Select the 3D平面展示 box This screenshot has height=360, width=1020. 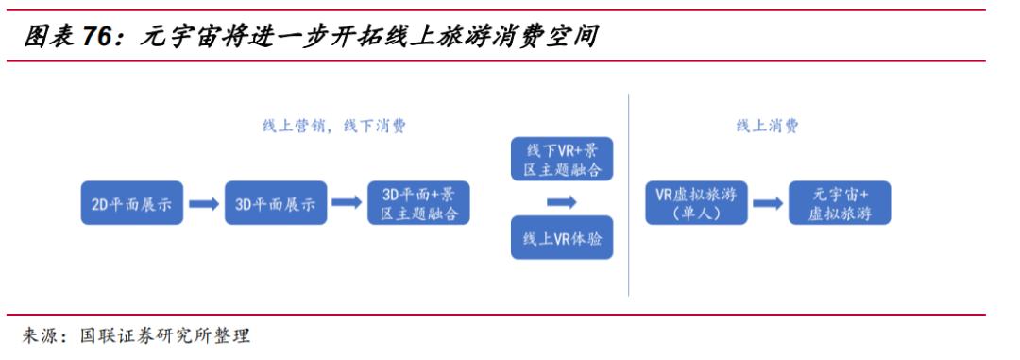pyautogui.click(x=276, y=203)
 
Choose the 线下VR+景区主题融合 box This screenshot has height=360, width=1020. pyautogui.click(x=561, y=160)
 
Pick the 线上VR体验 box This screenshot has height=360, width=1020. pyautogui.click(x=561, y=239)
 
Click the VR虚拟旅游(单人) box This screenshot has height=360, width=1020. pyautogui.click(x=695, y=203)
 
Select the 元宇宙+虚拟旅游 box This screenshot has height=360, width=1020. pyautogui.click(x=840, y=203)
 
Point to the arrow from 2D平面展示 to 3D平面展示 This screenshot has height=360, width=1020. pyautogui.click(x=203, y=203)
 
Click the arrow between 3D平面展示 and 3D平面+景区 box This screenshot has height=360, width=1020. pyautogui.click(x=348, y=203)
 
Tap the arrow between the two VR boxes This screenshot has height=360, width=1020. pyautogui.click(x=561, y=201)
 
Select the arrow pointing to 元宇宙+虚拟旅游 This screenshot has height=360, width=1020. pyautogui.click(x=768, y=203)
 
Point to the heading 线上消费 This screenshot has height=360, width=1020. pyautogui.click(x=767, y=126)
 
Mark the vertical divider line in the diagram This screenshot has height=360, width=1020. pyautogui.click(x=629, y=194)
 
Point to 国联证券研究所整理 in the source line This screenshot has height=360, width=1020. pyautogui.click(x=165, y=336)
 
